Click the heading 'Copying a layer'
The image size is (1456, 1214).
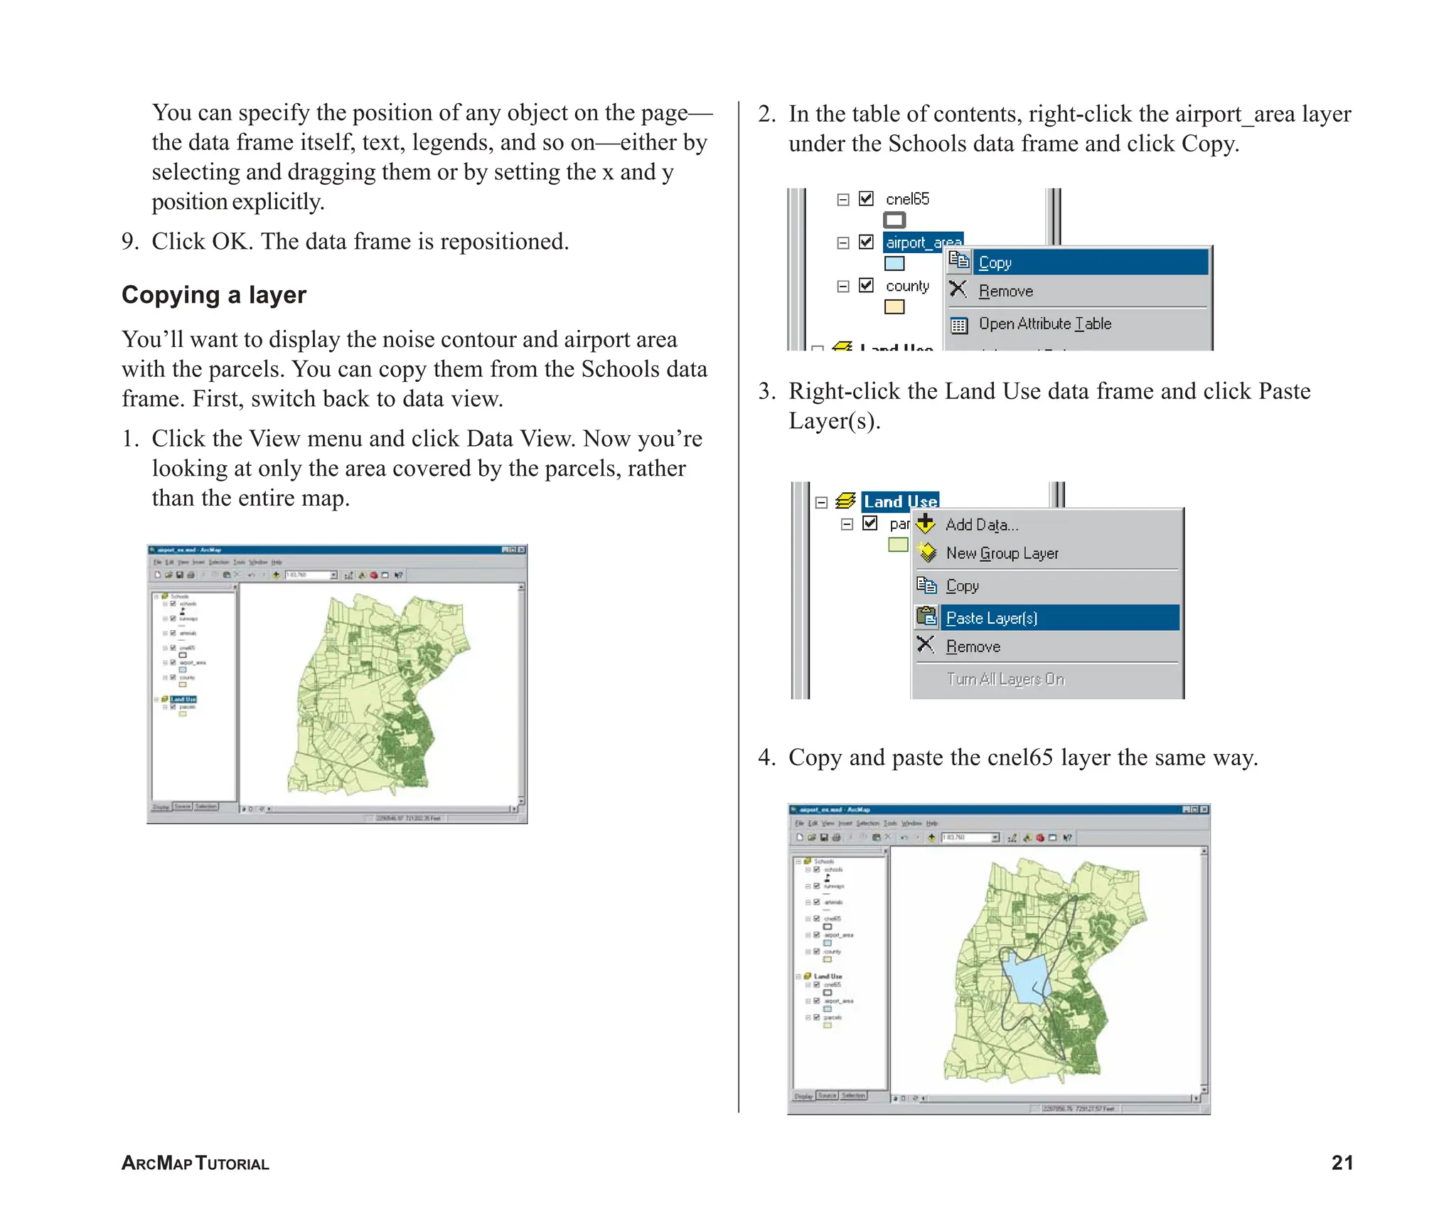click(x=213, y=295)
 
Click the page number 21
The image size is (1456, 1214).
click(x=1342, y=1162)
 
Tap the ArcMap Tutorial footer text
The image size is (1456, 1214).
click(x=195, y=1164)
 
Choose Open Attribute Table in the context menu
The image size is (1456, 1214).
click(x=1044, y=324)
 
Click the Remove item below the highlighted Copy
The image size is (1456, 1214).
click(x=1005, y=291)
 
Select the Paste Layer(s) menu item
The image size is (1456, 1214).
click(x=991, y=618)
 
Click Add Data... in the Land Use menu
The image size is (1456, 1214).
click(x=981, y=525)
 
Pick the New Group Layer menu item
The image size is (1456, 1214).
click(x=1002, y=553)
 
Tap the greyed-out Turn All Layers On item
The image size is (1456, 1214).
click(x=1005, y=679)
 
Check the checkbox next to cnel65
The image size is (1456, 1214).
click(x=866, y=198)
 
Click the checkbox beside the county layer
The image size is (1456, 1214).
click(x=866, y=285)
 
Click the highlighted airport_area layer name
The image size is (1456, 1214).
click(x=923, y=243)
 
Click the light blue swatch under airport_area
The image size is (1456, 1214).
click(x=894, y=264)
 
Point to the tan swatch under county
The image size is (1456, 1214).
click(x=894, y=307)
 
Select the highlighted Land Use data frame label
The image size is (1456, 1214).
click(x=899, y=501)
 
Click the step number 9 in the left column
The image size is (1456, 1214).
click(x=129, y=242)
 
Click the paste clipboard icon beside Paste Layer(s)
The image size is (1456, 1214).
click(x=926, y=616)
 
